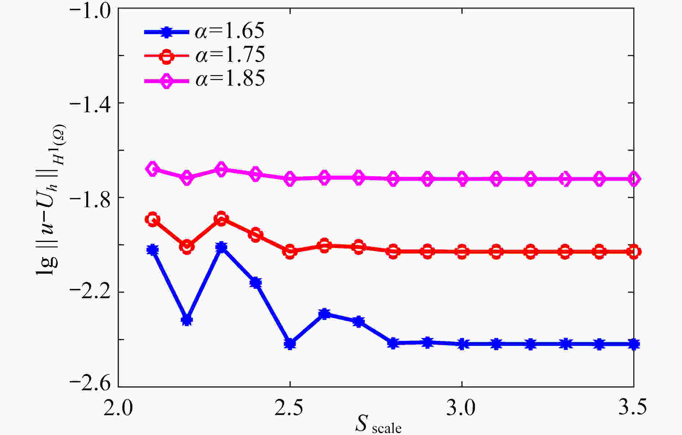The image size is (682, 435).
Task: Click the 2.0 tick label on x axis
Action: pos(118,408)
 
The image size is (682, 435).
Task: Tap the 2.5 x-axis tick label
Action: pos(290,408)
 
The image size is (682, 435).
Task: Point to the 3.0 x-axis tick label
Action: pos(462,408)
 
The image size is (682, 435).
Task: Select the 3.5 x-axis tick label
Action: pos(631,408)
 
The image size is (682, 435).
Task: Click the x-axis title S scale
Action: pos(378,425)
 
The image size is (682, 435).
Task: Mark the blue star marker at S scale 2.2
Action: pos(187,320)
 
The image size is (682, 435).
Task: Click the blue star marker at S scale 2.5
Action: pos(290,343)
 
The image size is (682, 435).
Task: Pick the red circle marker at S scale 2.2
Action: pos(187,247)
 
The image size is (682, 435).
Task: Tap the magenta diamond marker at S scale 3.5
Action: pos(634,179)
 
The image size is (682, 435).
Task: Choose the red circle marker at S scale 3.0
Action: pos(462,251)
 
